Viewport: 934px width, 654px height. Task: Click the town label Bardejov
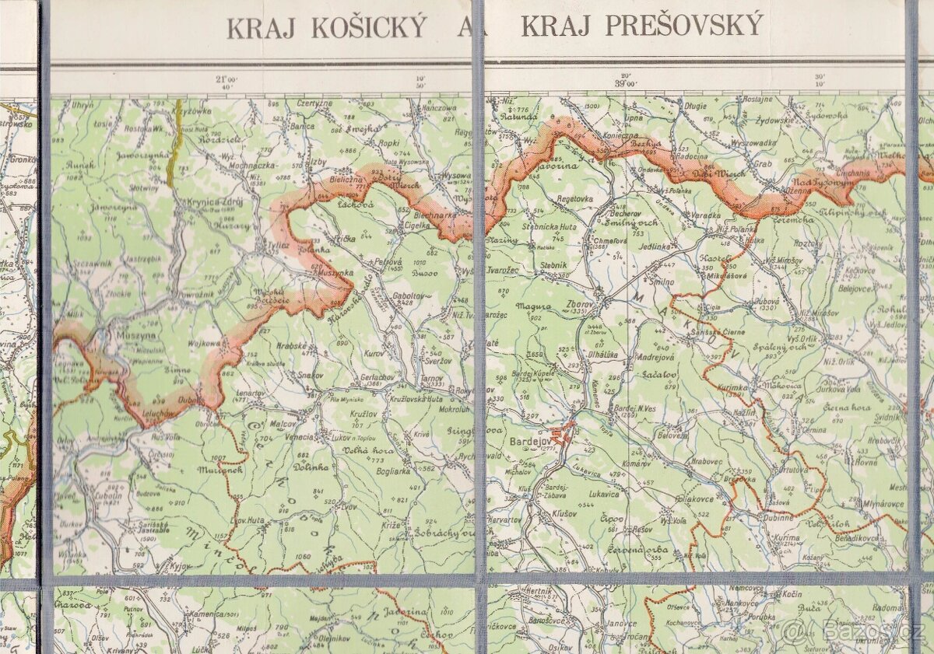click(x=530, y=441)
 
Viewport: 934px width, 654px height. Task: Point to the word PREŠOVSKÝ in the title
click(x=642, y=26)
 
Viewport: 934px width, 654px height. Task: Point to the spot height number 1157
click(x=220, y=536)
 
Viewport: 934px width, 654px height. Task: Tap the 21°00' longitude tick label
click(x=225, y=79)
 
